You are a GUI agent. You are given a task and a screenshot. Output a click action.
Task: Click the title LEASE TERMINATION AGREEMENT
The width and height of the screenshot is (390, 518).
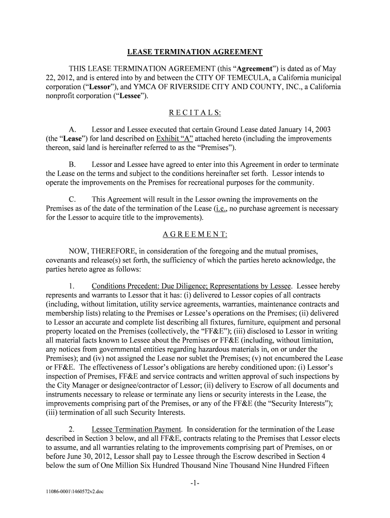(x=194, y=52)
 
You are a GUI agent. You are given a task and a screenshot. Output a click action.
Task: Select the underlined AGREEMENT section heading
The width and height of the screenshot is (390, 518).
(x=194, y=235)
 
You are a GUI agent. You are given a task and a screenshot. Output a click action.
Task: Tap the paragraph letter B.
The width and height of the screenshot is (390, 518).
(x=72, y=165)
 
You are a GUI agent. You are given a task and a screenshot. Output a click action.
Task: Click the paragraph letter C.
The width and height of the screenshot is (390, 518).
(x=72, y=200)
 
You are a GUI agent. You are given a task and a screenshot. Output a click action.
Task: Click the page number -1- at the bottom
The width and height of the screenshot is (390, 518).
(x=194, y=484)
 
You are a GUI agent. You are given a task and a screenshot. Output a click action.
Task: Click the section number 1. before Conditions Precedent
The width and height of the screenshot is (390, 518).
(x=72, y=286)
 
